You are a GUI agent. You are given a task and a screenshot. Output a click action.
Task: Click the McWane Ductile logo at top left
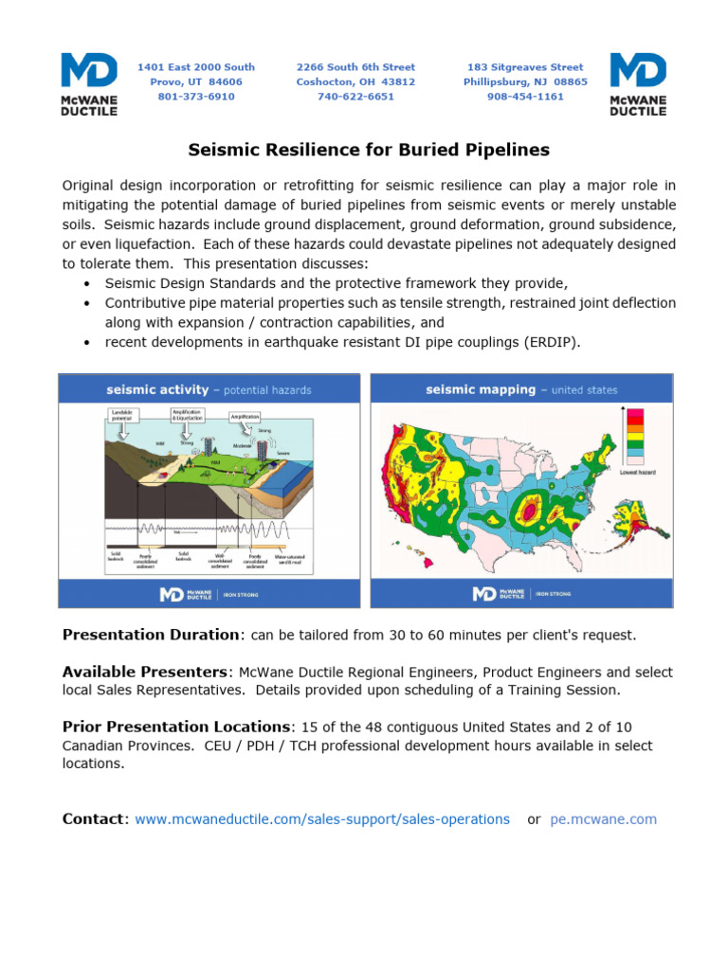click(89, 84)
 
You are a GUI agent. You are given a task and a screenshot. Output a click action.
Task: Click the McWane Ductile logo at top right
click(638, 84)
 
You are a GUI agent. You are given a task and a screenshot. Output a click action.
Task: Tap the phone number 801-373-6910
click(196, 97)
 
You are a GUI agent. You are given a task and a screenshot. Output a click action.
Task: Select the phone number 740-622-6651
click(355, 97)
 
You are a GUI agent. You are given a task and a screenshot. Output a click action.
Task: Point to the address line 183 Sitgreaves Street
click(525, 67)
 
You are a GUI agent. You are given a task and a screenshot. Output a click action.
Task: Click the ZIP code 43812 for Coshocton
click(398, 82)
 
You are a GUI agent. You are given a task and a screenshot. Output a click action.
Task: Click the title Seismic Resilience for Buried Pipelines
click(369, 150)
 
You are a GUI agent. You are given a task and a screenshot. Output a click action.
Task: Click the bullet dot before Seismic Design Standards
click(88, 284)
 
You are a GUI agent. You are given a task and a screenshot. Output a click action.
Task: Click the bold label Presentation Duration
click(150, 634)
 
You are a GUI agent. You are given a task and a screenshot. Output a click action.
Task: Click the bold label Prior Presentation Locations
click(176, 727)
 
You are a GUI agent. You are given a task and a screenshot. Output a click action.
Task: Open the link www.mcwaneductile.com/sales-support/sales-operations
click(322, 819)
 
